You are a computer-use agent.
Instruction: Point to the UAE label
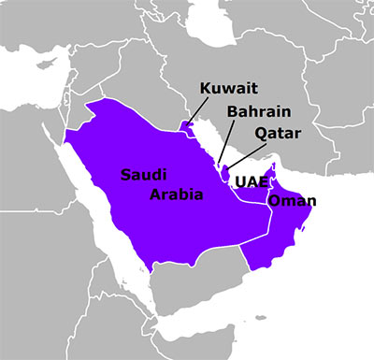tap(252, 180)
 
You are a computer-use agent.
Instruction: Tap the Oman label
tap(292, 200)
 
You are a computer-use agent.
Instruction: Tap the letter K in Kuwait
tap(206, 90)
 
